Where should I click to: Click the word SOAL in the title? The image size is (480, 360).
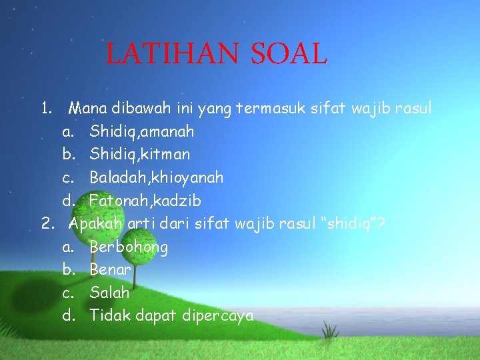(289, 54)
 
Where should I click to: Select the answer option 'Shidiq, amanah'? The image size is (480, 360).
(141, 131)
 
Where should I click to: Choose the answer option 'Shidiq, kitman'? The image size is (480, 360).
(139, 154)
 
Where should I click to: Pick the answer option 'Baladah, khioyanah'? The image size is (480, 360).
(156, 177)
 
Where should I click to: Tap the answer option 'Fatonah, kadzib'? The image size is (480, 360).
(145, 200)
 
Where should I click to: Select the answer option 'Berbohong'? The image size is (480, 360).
(129, 247)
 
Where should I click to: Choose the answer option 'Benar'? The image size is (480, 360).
(110, 270)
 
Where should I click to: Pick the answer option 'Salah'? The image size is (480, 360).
(109, 292)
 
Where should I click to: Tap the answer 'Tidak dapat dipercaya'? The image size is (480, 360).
(171, 315)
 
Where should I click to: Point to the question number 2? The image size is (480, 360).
(47, 223)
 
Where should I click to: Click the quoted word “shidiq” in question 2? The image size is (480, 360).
(347, 223)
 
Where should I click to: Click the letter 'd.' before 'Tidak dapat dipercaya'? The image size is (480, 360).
(68, 315)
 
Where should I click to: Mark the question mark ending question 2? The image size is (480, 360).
(380, 223)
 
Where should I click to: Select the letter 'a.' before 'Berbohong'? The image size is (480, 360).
(68, 247)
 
